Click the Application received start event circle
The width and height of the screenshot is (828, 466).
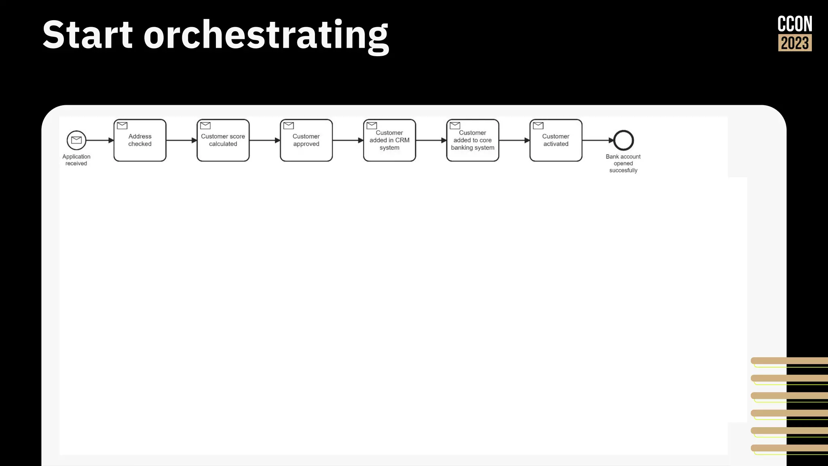[76, 140]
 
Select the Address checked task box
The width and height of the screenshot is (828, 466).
[140, 140]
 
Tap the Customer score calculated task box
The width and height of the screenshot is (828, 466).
[223, 140]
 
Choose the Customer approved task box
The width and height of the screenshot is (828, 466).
[306, 140]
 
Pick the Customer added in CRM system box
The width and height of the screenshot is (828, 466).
[389, 140]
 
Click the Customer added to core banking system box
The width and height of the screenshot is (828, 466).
[473, 140]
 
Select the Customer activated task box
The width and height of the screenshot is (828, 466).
[556, 140]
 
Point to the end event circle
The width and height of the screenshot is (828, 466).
[623, 140]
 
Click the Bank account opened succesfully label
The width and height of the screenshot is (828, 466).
[623, 163]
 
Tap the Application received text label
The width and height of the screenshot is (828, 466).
[76, 160]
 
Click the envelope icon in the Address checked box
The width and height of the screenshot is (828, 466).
[122, 126]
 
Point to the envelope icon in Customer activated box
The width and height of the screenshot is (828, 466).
[538, 126]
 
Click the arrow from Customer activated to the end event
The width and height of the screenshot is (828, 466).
[598, 140]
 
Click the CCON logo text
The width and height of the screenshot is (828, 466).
[795, 24]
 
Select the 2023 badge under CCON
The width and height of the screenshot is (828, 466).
[795, 43]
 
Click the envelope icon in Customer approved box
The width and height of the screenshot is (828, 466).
[289, 126]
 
